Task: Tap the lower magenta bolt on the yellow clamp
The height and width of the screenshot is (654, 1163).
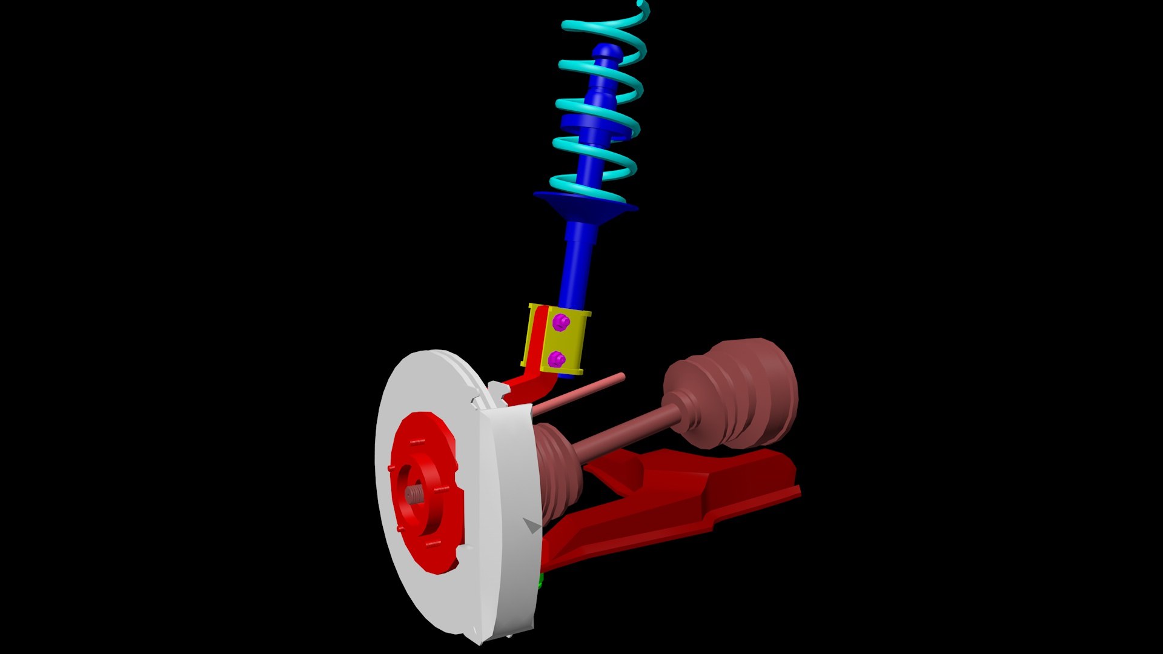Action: (x=557, y=360)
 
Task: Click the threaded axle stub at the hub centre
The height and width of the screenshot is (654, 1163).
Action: (x=414, y=495)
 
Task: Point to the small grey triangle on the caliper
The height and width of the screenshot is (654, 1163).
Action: (x=532, y=525)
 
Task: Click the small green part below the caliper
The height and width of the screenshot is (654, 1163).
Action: (x=541, y=581)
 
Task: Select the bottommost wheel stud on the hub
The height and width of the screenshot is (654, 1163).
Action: (x=433, y=543)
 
